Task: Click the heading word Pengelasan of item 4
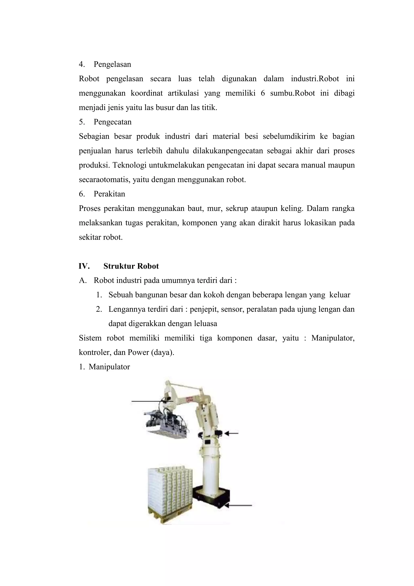click(112, 64)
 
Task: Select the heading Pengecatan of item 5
click(112, 122)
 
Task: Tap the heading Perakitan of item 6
click(109, 194)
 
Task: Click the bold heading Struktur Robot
click(131, 266)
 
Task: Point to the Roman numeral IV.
click(84, 266)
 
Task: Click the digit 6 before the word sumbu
click(263, 93)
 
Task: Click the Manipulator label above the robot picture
click(109, 367)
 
